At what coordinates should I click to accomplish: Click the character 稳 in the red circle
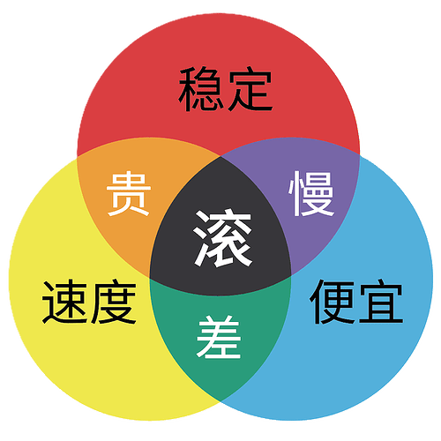click(x=200, y=89)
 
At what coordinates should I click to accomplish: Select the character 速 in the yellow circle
click(x=65, y=302)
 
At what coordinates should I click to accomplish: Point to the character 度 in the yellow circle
click(x=114, y=302)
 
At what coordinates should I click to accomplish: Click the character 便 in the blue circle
click(x=333, y=302)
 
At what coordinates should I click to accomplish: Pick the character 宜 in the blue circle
click(x=381, y=302)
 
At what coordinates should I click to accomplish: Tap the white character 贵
click(x=129, y=194)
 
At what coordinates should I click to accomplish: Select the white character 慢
click(x=311, y=194)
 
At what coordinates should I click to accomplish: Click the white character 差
click(x=219, y=337)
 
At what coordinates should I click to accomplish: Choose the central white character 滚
click(x=223, y=238)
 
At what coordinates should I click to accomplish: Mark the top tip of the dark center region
click(x=220, y=156)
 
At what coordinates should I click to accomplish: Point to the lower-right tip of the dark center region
click(x=291, y=276)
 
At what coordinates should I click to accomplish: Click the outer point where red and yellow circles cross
click(x=78, y=157)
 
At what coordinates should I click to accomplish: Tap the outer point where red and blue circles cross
click(x=359, y=154)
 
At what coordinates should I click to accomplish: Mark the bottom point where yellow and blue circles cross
click(x=220, y=400)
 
